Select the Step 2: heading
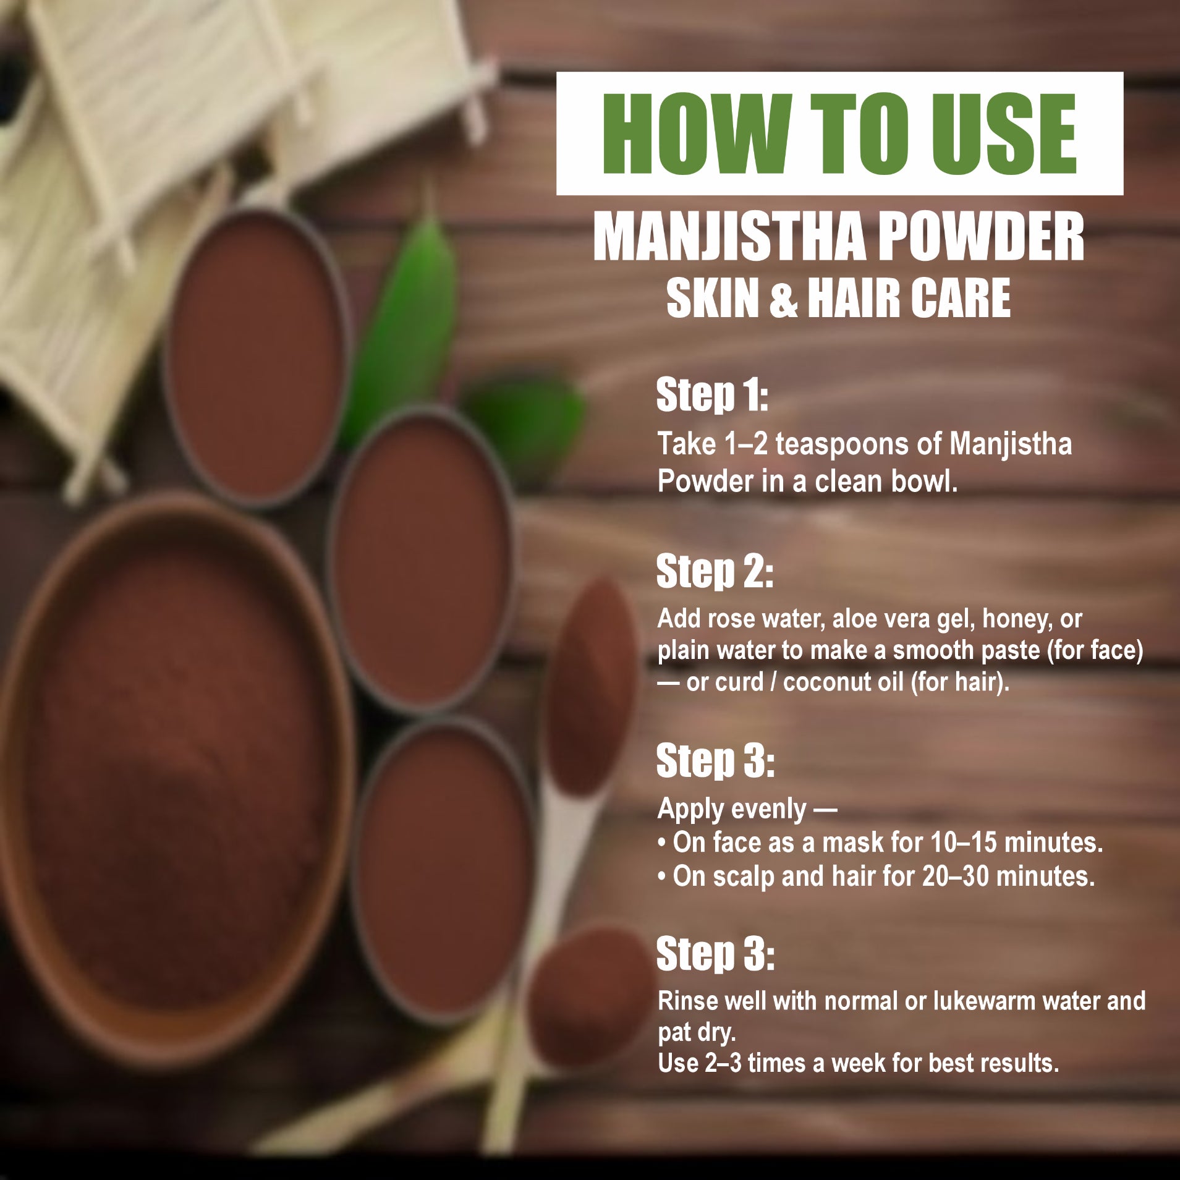click(x=714, y=571)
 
